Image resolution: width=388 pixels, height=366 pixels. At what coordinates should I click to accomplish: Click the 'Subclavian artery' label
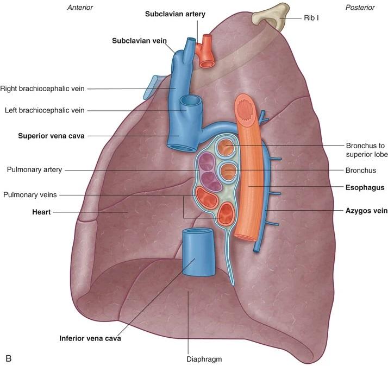[175, 14]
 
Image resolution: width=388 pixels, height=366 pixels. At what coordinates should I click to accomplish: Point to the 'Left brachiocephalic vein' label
[45, 111]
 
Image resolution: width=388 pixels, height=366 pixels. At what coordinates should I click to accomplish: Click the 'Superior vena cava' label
[51, 136]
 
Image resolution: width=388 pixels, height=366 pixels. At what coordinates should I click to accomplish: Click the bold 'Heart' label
[41, 212]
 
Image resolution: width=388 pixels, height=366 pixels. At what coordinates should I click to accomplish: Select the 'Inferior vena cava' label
[90, 338]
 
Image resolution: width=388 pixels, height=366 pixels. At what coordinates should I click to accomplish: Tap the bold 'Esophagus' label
[365, 187]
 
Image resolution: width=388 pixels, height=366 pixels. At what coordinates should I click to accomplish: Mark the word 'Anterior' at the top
[79, 8]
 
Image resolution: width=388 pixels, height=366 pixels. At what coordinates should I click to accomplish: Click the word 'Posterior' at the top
[360, 8]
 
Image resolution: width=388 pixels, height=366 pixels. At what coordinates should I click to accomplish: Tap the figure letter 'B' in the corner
[8, 358]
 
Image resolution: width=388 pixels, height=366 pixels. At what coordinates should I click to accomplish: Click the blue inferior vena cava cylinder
[197, 253]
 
